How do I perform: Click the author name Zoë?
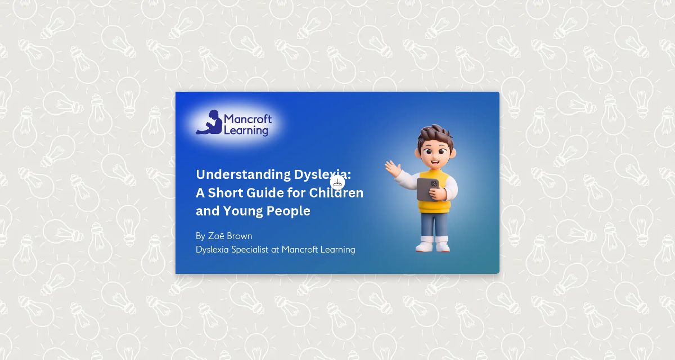(x=219, y=236)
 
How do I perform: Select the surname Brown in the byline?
(x=240, y=236)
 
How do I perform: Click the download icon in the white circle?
(x=337, y=182)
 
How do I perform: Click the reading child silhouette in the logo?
(x=209, y=123)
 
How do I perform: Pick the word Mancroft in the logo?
(x=247, y=119)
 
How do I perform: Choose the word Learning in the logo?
(x=246, y=130)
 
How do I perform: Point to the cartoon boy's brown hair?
(x=436, y=135)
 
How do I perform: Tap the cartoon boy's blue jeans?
(x=434, y=224)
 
